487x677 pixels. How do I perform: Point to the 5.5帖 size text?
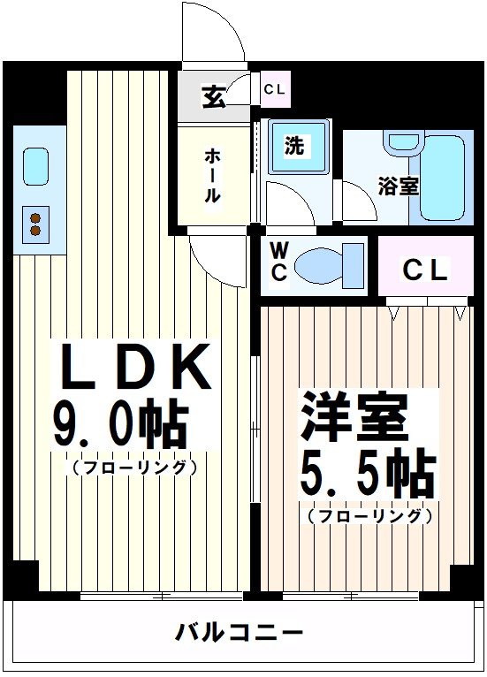pos(367,475)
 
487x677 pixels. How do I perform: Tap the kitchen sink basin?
pos(35,167)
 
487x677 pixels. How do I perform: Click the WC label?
pos(278,264)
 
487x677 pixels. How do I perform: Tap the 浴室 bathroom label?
pos(399,186)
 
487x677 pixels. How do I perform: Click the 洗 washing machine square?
pos(293,146)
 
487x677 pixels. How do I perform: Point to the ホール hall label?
pos(213,177)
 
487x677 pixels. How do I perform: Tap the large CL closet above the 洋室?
pos(425,270)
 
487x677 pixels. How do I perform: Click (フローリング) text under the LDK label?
pos(133,468)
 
